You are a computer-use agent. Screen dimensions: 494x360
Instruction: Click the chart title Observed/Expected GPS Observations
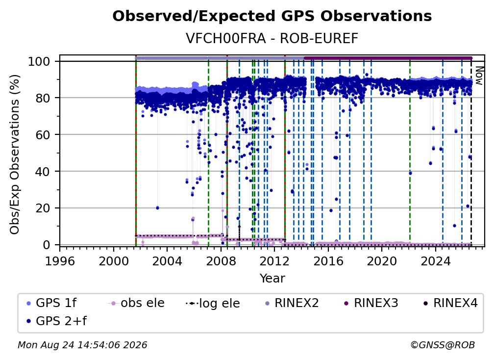272,16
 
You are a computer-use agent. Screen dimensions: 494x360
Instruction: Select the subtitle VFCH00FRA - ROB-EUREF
272,38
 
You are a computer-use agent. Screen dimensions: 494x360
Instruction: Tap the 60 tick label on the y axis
43,134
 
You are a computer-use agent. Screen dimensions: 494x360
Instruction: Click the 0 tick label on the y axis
47,245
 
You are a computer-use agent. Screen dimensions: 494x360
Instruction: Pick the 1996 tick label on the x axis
60,261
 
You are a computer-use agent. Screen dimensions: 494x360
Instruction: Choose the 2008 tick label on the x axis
221,261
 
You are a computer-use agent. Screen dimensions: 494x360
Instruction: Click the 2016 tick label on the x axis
328,261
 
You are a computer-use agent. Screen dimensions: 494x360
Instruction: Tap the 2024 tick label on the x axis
436,261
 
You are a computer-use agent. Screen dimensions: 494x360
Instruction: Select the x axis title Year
272,279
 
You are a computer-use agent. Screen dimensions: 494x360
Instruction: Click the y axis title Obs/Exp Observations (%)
15,154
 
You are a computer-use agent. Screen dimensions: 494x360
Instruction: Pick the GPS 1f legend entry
51,303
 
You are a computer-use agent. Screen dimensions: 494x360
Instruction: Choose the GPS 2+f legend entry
56,321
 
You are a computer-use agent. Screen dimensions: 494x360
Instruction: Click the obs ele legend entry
136,303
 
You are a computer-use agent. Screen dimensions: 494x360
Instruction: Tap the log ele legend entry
213,303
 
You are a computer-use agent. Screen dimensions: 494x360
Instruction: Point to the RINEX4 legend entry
450,303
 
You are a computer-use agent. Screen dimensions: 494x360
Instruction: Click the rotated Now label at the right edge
479,76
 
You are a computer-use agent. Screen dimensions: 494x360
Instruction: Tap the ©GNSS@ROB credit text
443,345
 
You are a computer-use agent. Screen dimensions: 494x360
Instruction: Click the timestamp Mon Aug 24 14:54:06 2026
82,345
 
